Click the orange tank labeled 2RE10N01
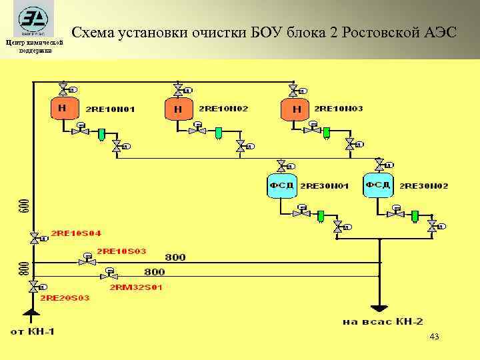[x=63, y=109]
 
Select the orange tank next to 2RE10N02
[x=178, y=109]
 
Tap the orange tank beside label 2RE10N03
[x=295, y=109]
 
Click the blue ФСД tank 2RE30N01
[x=281, y=186]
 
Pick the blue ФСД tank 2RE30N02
[x=378, y=186]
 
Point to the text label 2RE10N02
[x=223, y=109]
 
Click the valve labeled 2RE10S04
[x=33, y=237]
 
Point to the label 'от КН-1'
[x=32, y=331]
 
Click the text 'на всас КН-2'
[x=382, y=321]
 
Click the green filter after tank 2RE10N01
[x=101, y=134]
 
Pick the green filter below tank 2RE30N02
[x=415, y=215]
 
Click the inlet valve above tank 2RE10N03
[x=294, y=90]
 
